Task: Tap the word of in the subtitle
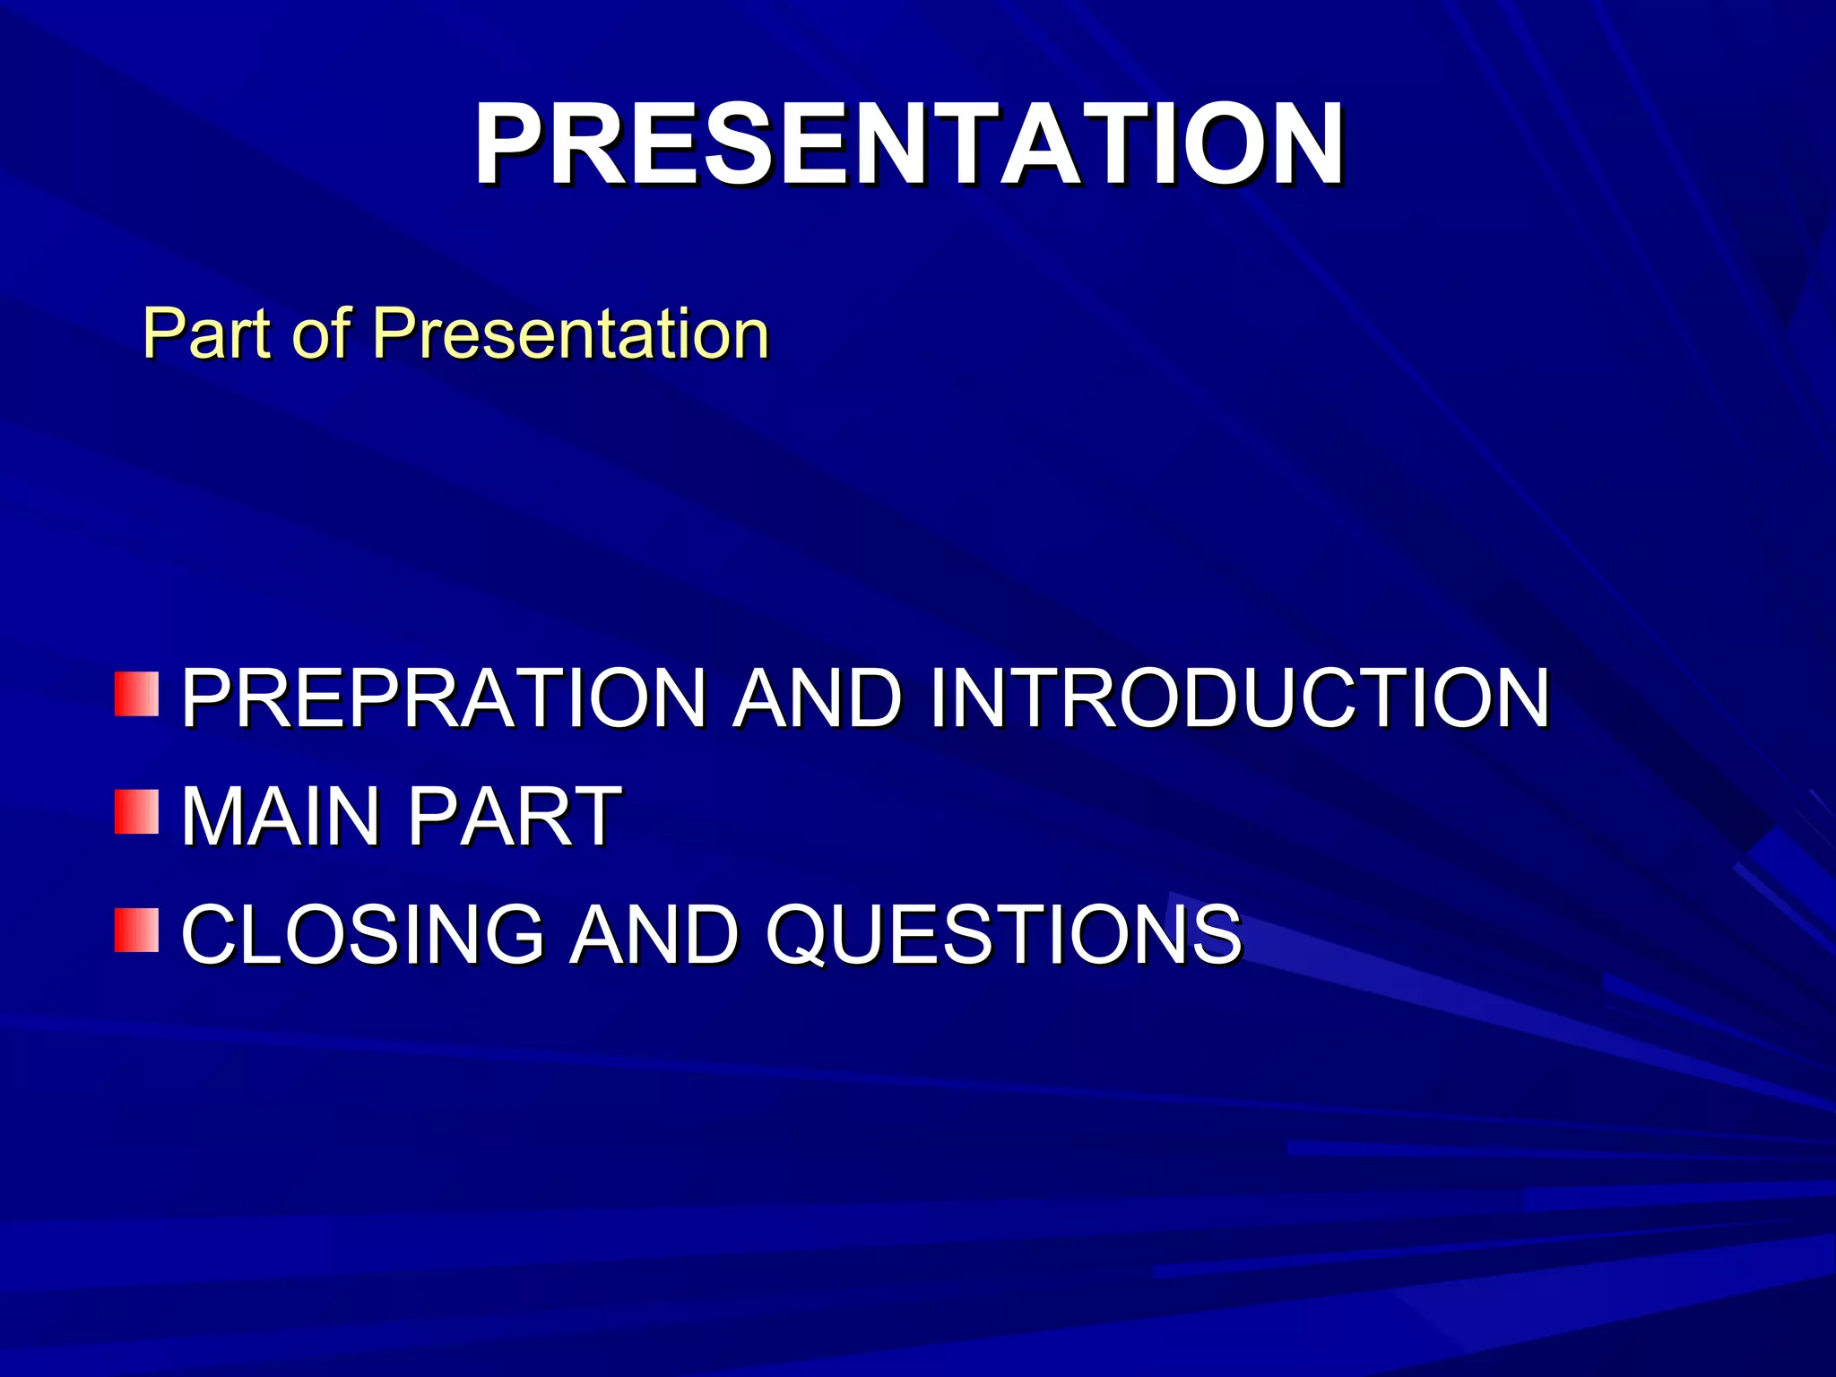[x=321, y=333]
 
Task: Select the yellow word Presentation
[x=571, y=333]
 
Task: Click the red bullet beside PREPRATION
[x=136, y=694]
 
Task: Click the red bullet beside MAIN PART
[x=136, y=811]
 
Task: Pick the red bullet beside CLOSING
[x=136, y=930]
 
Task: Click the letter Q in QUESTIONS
[x=797, y=936]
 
